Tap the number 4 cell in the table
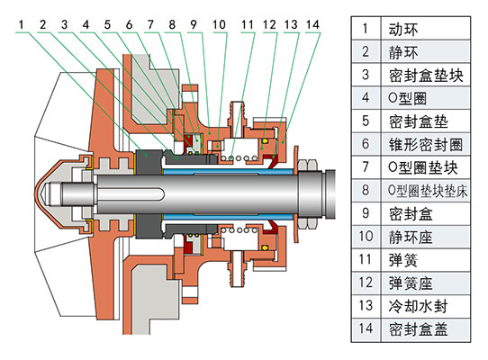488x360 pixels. pyautogui.click(x=364, y=98)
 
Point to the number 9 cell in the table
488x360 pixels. pyautogui.click(x=364, y=213)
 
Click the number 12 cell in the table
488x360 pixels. pyautogui.click(x=364, y=282)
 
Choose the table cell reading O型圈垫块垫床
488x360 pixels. pyautogui.click(x=422, y=190)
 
